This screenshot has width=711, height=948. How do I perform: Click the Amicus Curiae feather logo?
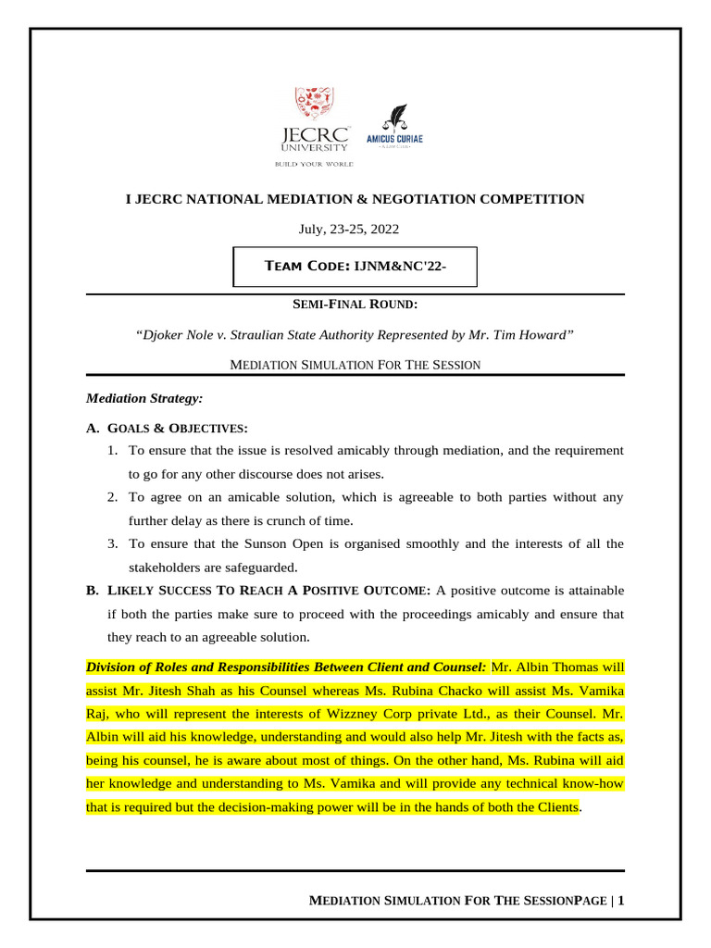click(395, 130)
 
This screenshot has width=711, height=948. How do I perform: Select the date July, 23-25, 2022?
click(355, 229)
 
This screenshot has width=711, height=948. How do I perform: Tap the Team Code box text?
click(355, 267)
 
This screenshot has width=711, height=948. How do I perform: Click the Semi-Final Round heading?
click(355, 305)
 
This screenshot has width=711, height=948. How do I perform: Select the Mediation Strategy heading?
click(143, 398)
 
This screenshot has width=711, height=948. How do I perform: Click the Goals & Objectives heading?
click(177, 429)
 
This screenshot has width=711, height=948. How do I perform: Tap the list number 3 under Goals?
click(111, 543)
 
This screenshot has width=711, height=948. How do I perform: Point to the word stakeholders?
click(168, 567)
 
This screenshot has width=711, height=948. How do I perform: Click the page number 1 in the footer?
click(621, 900)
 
